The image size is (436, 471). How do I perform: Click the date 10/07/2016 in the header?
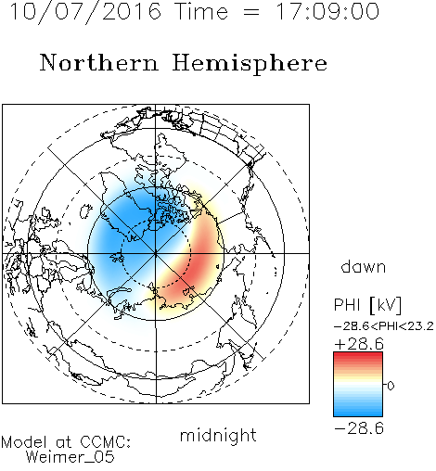click(x=85, y=12)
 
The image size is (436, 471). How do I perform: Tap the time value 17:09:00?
click(x=327, y=12)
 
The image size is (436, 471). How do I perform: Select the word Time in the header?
click(x=201, y=12)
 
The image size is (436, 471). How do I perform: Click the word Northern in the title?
click(x=98, y=62)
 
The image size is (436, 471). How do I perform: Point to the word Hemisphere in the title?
click(x=250, y=64)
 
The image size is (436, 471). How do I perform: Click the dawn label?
click(x=364, y=266)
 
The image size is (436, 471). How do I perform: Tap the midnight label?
click(x=218, y=435)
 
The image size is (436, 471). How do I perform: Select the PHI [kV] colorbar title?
click(x=368, y=305)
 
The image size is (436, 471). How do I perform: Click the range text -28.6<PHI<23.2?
click(x=384, y=326)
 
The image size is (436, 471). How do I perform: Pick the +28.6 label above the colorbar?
click(x=359, y=344)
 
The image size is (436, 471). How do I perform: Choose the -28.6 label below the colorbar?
click(x=359, y=428)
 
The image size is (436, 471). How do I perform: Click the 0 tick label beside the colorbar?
click(x=391, y=386)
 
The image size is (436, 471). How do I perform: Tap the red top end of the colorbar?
click(x=358, y=355)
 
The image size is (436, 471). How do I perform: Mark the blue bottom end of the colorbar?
click(x=358, y=414)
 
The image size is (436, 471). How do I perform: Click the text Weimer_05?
click(x=71, y=457)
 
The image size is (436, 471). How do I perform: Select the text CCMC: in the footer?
click(x=105, y=442)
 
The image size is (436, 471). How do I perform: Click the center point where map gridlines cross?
click(x=156, y=253)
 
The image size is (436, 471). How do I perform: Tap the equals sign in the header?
click(x=251, y=12)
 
